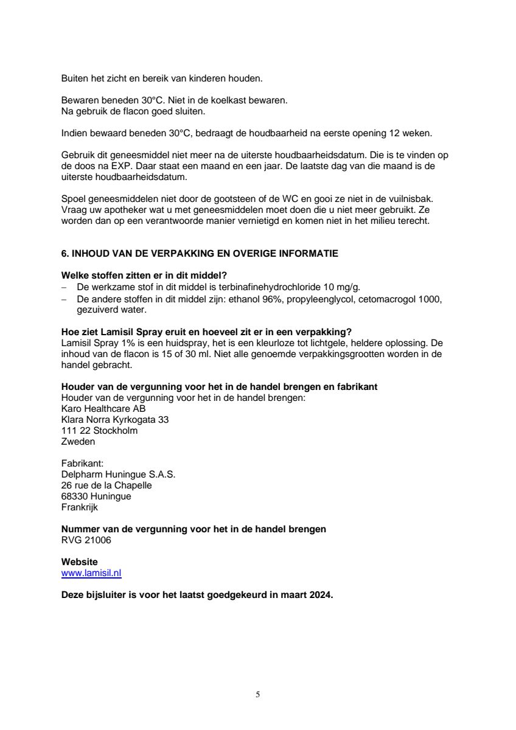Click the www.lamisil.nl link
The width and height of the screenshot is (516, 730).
tap(91, 573)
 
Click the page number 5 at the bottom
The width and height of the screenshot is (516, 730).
tap(258, 694)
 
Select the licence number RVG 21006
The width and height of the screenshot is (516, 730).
tap(86, 540)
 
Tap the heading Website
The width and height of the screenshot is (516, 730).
tap(79, 562)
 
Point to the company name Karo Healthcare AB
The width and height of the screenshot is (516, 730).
tap(103, 409)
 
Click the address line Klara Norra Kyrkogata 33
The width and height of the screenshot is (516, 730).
tap(115, 420)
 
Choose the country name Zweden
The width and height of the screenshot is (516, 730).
tap(78, 442)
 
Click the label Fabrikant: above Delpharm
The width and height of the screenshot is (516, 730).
tap(83, 464)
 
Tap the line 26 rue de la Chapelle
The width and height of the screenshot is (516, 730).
tap(106, 485)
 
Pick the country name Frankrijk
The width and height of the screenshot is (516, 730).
tap(80, 507)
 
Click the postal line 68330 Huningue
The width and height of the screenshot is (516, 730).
tap(96, 496)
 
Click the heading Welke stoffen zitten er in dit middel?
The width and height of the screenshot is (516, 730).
tap(148, 276)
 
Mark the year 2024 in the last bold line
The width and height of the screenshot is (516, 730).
tap(321, 596)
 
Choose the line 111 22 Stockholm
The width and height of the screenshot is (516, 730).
tap(99, 431)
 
